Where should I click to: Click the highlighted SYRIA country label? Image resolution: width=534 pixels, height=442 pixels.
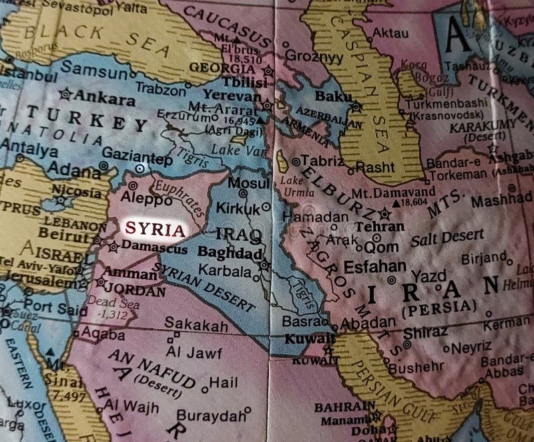pyautogui.click(x=154, y=229)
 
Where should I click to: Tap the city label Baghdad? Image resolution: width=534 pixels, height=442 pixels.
pyautogui.click(x=229, y=254)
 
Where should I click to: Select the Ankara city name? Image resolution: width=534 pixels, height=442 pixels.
pyautogui.click(x=103, y=98)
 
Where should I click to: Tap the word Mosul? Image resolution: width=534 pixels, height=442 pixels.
pyautogui.click(x=248, y=182)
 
